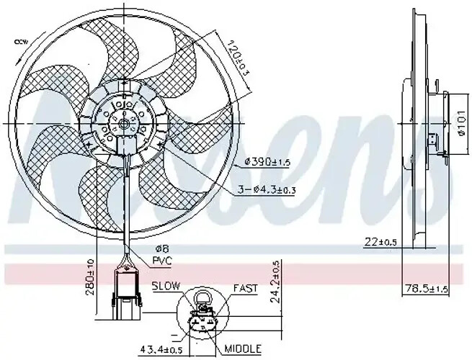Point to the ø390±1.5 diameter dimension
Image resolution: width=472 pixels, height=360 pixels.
point(267,161)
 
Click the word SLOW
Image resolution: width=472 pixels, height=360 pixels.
point(166,287)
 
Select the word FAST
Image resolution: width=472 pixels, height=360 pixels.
point(245,288)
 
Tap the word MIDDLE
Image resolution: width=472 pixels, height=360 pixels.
point(244,348)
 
